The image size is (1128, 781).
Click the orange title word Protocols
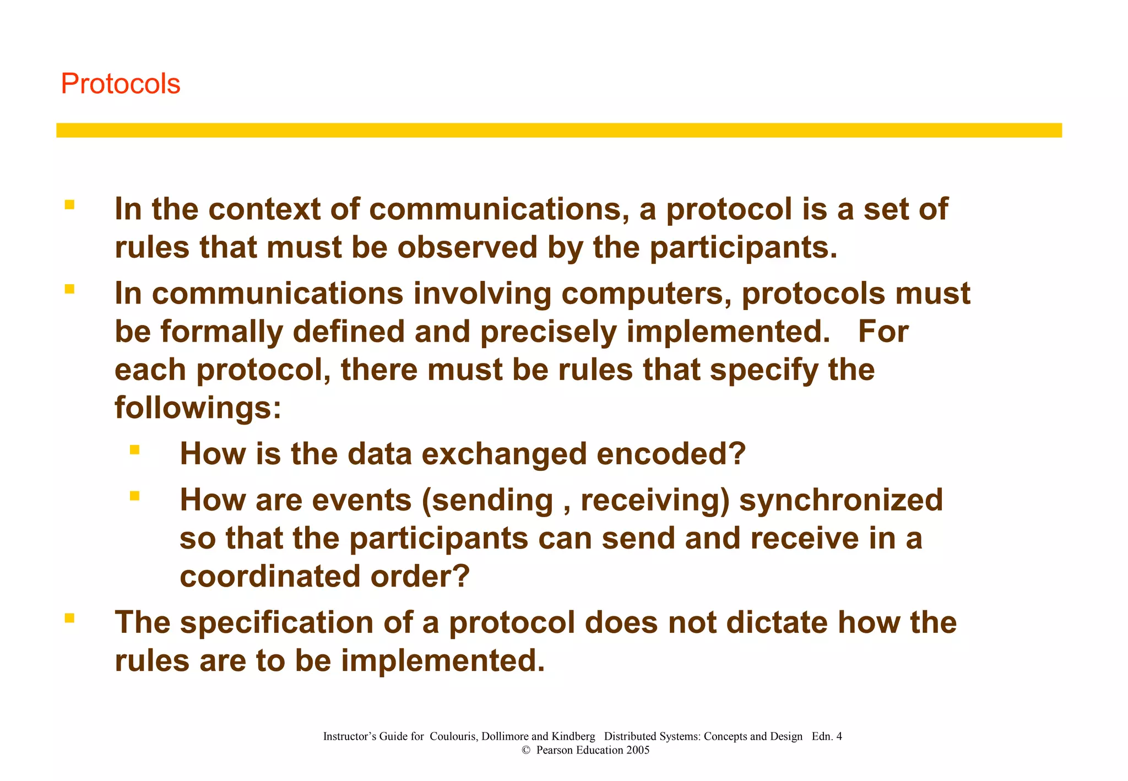(120, 84)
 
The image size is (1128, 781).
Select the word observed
(467, 248)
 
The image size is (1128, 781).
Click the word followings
(197, 409)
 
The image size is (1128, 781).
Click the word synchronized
(840, 501)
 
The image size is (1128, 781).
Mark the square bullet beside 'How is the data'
(134, 450)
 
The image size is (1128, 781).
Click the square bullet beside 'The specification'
(69, 619)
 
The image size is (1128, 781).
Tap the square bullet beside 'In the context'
(69, 205)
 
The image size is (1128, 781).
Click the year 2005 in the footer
(638, 751)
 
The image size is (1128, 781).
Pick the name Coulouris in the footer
(453, 737)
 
